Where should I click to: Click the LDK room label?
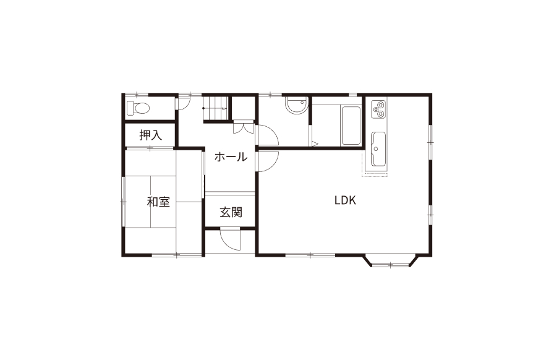pyautogui.click(x=345, y=200)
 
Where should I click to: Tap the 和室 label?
pyautogui.click(x=158, y=202)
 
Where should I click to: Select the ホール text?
pyautogui.click(x=231, y=156)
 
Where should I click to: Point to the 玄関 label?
pyautogui.click(x=231, y=212)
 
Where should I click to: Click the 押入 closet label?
pyautogui.click(x=150, y=135)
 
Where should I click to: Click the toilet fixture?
pyautogui.click(x=138, y=108)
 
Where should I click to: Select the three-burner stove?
pyautogui.click(x=378, y=109)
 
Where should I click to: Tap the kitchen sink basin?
pyautogui.click(x=378, y=149)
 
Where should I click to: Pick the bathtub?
pyautogui.click(x=351, y=125)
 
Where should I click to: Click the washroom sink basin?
pyautogui.click(x=296, y=105)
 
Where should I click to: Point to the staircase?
pyautogui.click(x=215, y=108)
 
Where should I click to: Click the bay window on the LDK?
pyautogui.click(x=390, y=261)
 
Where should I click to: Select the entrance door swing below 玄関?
pyautogui.click(x=230, y=240)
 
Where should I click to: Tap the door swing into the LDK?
pyautogui.click(x=268, y=161)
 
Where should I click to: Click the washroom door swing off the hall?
pyautogui.click(x=268, y=135)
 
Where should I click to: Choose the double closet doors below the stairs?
pyautogui.click(x=244, y=127)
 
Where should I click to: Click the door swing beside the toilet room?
pyautogui.click(x=184, y=103)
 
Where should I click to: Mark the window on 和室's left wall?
pyautogui.click(x=123, y=201)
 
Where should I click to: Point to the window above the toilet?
pyautogui.click(x=137, y=95)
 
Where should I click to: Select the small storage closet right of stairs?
pyautogui.click(x=243, y=108)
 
